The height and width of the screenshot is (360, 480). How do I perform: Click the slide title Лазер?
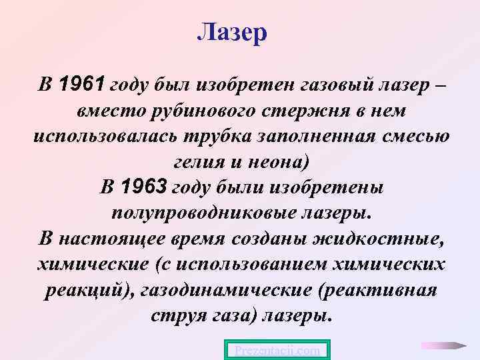tap(232, 31)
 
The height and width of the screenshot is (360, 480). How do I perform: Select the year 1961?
tap(81, 85)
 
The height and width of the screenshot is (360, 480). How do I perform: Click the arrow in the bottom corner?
tap(443, 346)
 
